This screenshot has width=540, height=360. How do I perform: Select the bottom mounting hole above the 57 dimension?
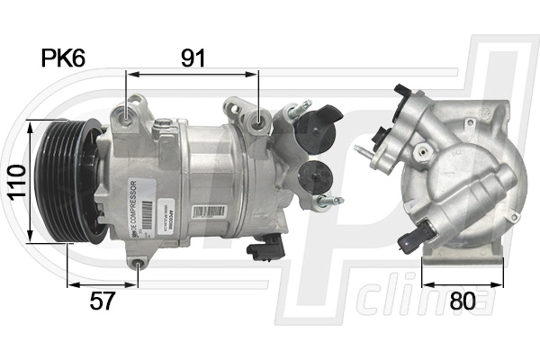pos(137,264)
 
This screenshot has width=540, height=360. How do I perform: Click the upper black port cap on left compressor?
pos(317,126)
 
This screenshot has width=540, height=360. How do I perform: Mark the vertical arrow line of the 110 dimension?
pos(30,180)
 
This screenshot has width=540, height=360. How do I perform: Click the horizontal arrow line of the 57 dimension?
pos(102,285)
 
